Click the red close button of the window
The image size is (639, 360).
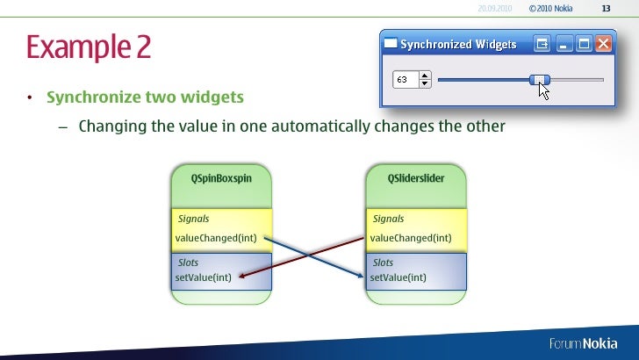(604, 42)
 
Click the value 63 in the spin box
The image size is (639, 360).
(403, 80)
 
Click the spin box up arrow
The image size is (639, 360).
(426, 76)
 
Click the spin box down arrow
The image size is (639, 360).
(426, 84)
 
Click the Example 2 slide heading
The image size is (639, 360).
(88, 47)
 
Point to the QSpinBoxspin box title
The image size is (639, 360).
(222, 177)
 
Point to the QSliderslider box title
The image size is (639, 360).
(416, 177)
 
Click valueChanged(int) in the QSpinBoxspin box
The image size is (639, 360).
(216, 237)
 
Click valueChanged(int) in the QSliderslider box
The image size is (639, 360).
(411, 237)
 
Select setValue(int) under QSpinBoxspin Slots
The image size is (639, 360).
(204, 277)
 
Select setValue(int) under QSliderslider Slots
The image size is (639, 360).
(398, 277)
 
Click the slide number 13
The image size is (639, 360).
(606, 9)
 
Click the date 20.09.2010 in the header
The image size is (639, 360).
(495, 9)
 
